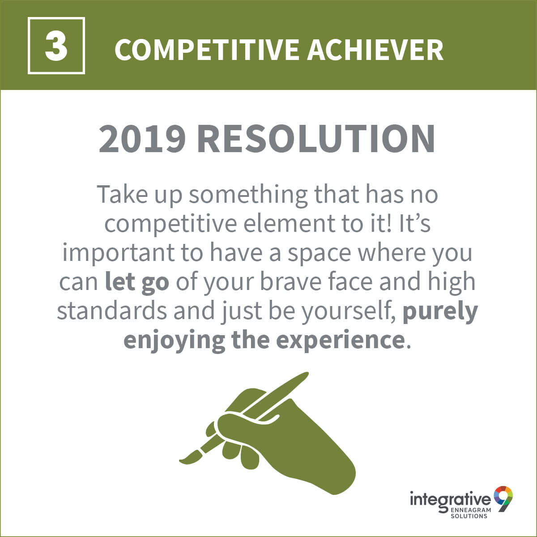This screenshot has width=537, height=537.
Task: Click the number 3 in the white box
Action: click(x=56, y=46)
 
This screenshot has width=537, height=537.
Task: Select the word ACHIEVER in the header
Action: click(x=375, y=50)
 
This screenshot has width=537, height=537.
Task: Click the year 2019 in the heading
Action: click(x=142, y=139)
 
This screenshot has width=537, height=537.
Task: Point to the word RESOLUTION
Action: click(x=316, y=139)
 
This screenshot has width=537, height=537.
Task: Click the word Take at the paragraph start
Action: click(x=122, y=194)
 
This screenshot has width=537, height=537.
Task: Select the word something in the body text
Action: click(x=248, y=196)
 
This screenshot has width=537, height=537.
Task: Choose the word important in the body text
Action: click(x=119, y=254)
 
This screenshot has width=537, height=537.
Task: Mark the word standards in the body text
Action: click(x=112, y=311)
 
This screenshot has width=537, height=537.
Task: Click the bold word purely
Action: click(x=440, y=313)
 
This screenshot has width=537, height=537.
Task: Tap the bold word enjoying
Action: click(x=174, y=342)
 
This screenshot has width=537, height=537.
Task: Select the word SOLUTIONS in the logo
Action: click(x=469, y=516)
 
